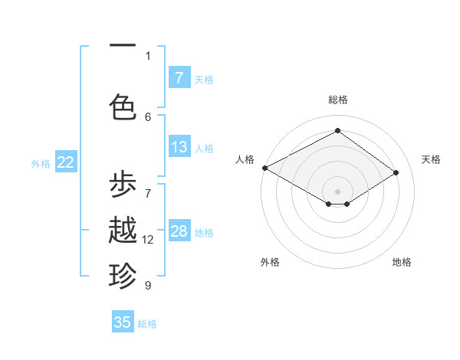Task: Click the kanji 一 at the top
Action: pos(123,47)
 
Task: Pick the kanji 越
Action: pos(123,231)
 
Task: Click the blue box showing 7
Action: pos(179,77)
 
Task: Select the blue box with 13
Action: pos(179,147)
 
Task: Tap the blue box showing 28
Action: pos(179,231)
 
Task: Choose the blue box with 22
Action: pos(66,162)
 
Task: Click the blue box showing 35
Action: pos(123,322)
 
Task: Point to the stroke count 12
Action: pos(148,240)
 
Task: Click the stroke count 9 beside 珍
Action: pos(148,285)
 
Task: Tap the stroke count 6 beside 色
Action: pos(148,116)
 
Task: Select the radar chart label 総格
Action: pos(337,100)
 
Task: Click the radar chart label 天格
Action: pos(431,159)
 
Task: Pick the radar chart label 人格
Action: pos(245,159)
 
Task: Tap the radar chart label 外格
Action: pos(269,262)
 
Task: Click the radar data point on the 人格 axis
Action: pos(264,168)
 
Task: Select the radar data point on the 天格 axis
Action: pos(396,172)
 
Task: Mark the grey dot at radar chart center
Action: pos(337,191)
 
